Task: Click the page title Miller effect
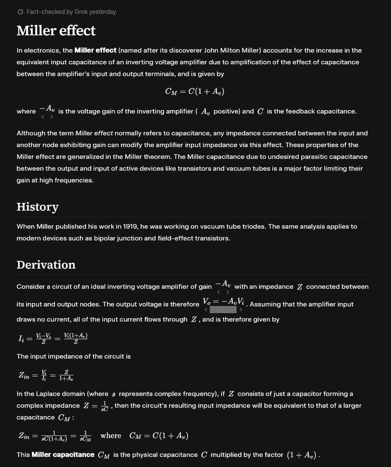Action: [56, 31]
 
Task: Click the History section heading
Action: [37, 207]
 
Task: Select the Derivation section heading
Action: [46, 265]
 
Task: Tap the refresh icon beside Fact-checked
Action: [20, 12]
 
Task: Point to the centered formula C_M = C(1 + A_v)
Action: [195, 92]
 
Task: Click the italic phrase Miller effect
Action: [94, 133]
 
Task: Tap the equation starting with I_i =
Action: [53, 338]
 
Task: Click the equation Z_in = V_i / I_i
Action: [46, 375]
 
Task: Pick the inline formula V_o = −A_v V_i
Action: [223, 302]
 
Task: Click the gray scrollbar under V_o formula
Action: [223, 310]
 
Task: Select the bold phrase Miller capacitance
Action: [63, 455]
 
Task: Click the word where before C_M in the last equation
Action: [111, 436]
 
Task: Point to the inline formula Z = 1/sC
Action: [96, 406]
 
